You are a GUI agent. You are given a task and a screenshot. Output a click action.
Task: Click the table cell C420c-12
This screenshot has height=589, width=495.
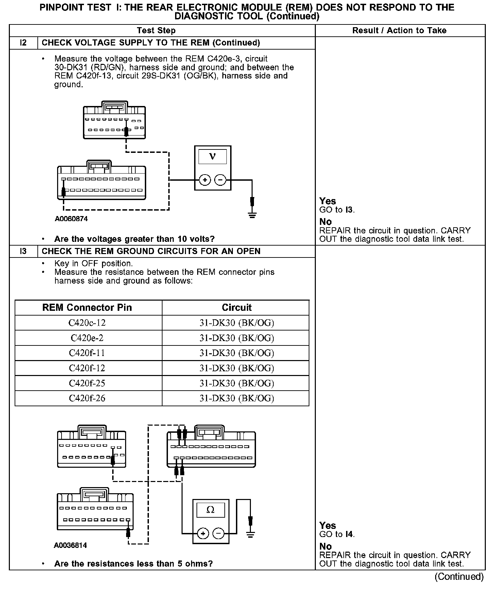coord(87,323)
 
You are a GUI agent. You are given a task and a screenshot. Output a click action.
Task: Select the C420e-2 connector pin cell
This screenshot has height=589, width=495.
coord(87,338)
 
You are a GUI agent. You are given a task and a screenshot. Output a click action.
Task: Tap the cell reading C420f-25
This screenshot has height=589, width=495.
coord(87,383)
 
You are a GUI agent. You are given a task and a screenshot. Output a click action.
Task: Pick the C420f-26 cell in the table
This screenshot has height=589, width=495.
coord(87,398)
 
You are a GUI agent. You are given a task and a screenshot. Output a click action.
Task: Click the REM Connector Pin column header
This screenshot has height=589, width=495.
coord(87,308)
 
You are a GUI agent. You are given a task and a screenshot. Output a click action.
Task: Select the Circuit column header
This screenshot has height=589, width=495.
coord(237,308)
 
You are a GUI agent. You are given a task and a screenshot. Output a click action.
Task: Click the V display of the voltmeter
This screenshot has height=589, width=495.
coord(212,157)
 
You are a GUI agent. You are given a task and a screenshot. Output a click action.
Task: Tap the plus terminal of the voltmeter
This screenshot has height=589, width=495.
coord(205,180)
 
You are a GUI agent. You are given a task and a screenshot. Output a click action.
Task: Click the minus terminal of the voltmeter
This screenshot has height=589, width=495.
coord(221,180)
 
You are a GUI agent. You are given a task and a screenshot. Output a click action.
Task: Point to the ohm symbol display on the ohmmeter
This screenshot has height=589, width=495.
coord(210,510)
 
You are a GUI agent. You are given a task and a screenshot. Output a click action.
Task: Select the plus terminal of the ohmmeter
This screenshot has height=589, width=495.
coord(203,534)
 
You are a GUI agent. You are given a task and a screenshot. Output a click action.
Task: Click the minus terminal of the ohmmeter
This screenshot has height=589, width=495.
coord(218,534)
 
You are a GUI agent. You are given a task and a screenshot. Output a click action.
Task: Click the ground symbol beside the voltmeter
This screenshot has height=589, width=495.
coord(252,214)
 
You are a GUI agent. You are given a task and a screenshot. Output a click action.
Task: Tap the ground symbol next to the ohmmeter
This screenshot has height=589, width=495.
coord(250,535)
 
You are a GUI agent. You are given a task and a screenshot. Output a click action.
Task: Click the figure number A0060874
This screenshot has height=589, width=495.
coord(71,219)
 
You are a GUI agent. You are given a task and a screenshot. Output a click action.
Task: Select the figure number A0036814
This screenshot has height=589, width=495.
coord(70,546)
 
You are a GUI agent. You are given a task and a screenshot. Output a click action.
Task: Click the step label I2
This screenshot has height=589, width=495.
coord(23,43)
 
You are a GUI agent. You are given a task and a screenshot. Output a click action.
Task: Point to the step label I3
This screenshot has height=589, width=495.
coord(23,251)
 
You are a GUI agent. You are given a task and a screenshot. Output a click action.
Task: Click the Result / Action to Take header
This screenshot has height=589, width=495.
coord(399,31)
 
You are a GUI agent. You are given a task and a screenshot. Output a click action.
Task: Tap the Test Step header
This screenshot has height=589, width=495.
coord(156,31)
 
